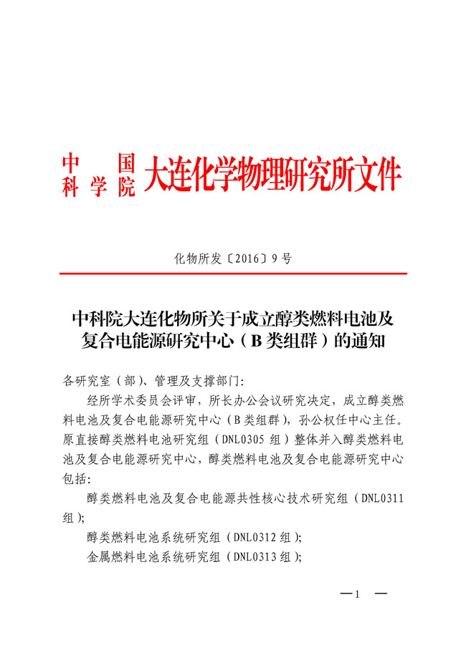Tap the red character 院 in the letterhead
click(x=126, y=187)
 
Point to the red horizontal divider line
click(x=233, y=274)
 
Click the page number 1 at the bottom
click(x=356, y=595)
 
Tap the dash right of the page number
click(x=381, y=595)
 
